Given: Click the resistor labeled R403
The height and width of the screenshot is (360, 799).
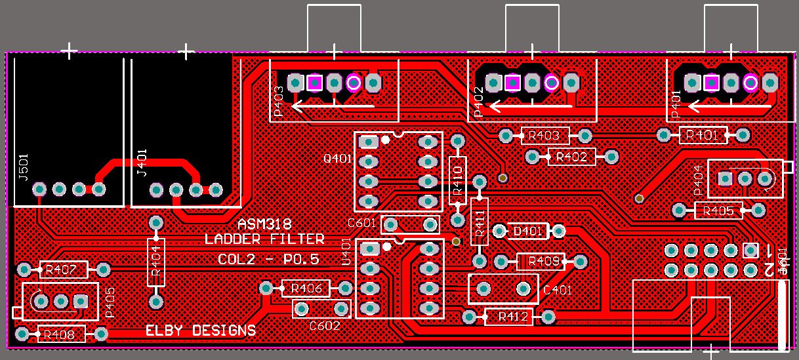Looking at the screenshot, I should point(544,136).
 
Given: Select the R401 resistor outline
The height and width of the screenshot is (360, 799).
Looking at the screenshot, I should point(703,135).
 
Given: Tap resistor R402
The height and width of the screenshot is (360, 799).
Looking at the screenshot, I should point(571,157).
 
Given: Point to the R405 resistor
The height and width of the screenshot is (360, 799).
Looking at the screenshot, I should point(719,210).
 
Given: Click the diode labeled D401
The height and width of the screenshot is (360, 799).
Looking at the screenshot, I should point(528,231).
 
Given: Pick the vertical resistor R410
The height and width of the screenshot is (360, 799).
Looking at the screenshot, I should point(458,177).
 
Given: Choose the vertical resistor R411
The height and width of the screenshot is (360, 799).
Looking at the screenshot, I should point(480,222).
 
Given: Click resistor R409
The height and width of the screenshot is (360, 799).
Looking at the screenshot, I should point(541,262).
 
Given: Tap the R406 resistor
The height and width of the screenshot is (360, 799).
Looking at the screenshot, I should point(306,289).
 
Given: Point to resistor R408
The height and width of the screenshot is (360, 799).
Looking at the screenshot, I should point(62,334).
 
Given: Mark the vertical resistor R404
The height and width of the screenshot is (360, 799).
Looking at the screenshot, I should point(156,262).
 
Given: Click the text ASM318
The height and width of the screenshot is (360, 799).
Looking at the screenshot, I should point(264,224).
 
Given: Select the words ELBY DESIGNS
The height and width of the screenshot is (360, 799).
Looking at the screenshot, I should point(201,330).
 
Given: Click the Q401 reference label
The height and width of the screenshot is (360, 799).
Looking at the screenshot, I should point(338,159).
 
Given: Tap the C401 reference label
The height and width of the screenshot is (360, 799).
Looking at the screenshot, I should point(558,290).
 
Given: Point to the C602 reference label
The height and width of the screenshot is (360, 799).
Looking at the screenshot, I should point(325,325).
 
